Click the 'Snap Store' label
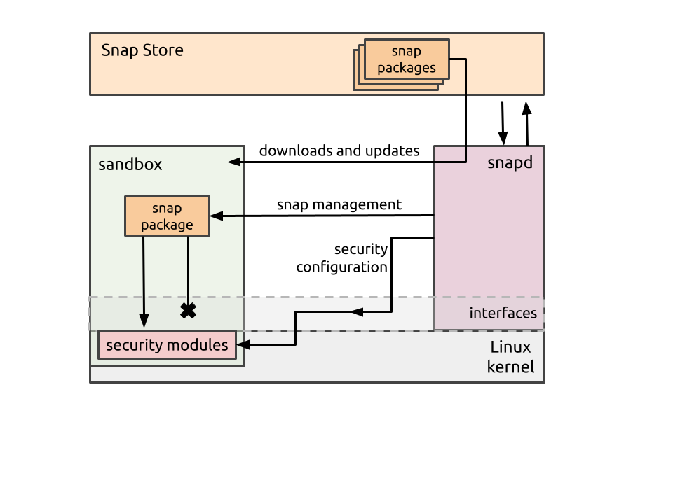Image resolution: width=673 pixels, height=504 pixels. click(x=142, y=50)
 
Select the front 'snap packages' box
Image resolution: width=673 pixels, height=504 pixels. click(x=407, y=59)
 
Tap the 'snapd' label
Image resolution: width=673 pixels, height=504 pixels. click(x=510, y=163)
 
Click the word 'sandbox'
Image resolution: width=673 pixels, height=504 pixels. click(x=130, y=164)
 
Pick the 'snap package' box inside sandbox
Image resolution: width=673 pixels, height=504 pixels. click(x=167, y=216)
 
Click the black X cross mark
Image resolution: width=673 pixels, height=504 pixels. click(x=188, y=311)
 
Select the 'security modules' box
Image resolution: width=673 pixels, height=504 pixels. click(x=167, y=345)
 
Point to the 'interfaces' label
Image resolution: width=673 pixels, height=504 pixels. click(x=503, y=313)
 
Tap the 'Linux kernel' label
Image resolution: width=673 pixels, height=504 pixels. click(x=510, y=357)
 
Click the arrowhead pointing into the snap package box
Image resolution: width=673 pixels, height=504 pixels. click(x=216, y=216)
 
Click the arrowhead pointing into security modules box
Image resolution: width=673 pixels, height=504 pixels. click(x=243, y=344)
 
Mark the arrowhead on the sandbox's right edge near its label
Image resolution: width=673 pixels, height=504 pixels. click(x=234, y=162)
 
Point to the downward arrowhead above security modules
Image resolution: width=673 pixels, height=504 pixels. click(x=144, y=321)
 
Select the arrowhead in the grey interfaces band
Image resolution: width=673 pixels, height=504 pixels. click(x=356, y=311)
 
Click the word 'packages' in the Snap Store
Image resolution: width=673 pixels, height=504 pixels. click(x=407, y=68)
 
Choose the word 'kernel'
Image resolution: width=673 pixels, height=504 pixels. click(x=510, y=367)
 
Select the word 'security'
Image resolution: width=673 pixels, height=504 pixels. click(x=135, y=345)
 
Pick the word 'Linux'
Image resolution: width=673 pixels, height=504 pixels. click(x=510, y=347)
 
